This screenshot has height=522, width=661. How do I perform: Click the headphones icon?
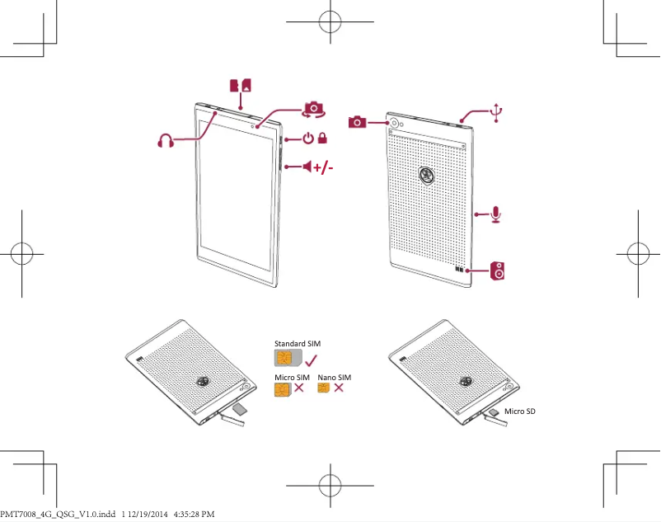[x=166, y=140]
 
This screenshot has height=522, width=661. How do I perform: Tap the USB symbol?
[x=495, y=112]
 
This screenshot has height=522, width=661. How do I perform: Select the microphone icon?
[x=495, y=214]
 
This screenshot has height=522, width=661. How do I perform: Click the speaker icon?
[x=498, y=270]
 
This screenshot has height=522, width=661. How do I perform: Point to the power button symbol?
[x=307, y=139]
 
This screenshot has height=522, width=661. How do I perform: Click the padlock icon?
[x=323, y=139]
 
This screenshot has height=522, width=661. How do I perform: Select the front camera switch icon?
[x=313, y=109]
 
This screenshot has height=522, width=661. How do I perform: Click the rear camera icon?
[x=358, y=122]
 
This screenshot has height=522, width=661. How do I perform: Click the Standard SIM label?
[x=297, y=342]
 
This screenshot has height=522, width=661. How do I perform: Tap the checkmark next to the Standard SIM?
[x=312, y=360]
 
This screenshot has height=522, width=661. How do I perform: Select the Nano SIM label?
[x=335, y=377]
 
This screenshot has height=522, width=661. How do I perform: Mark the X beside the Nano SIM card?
[x=339, y=388]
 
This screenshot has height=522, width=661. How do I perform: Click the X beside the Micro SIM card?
[x=299, y=389]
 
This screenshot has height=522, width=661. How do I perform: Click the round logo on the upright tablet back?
[x=426, y=174]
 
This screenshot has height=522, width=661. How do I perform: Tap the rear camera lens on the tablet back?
[x=394, y=123]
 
